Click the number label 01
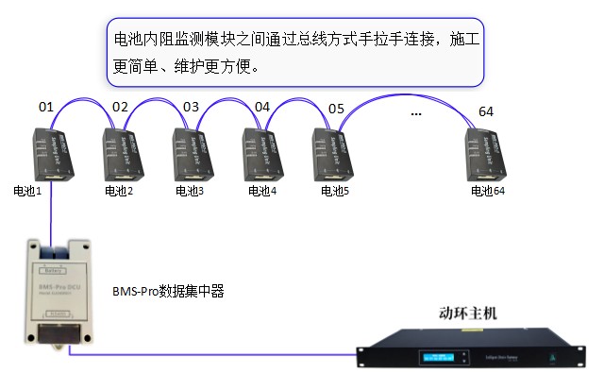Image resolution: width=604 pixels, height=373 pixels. pyautogui.click(x=46, y=107)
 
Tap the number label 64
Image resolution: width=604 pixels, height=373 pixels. pyautogui.click(x=486, y=111)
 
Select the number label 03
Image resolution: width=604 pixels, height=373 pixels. pyautogui.click(x=191, y=107)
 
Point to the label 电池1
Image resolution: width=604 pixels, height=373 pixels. pyautogui.click(x=28, y=191)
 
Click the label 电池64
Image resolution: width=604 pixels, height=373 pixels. pyautogui.click(x=489, y=191)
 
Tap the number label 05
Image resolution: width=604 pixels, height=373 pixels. pyautogui.click(x=335, y=107)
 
